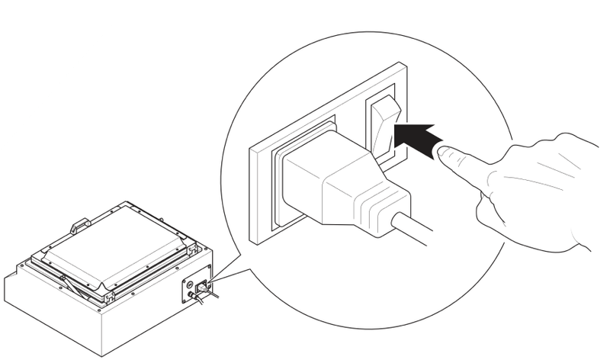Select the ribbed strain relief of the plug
pos(381,201)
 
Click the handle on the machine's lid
pos(78,226)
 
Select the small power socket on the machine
pos(204,288)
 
